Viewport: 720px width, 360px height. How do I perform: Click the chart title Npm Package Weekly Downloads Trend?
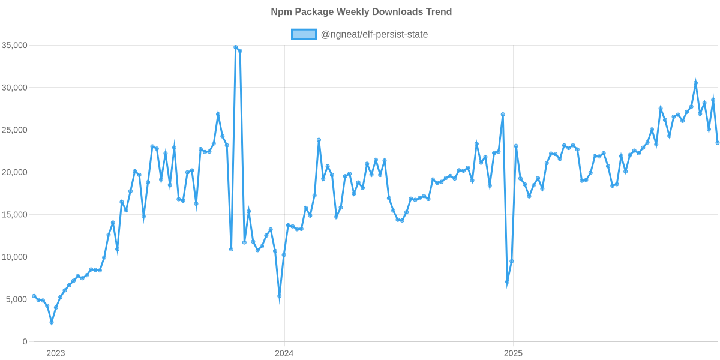(360, 12)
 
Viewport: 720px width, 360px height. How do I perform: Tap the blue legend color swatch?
(304, 34)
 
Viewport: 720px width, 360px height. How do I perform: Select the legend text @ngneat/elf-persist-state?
(374, 34)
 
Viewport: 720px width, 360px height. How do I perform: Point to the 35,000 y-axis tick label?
(15, 46)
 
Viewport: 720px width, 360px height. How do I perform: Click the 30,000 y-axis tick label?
(15, 88)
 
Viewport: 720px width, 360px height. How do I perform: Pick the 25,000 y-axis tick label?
(15, 130)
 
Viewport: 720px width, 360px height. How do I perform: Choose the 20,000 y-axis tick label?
(15, 172)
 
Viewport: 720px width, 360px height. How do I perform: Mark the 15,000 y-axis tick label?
(15, 215)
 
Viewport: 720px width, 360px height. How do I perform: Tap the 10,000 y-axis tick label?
(15, 257)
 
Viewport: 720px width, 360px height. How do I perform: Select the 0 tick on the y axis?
(25, 341)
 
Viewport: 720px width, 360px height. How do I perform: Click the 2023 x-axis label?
(55, 353)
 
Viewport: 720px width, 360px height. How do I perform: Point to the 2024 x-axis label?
(283, 353)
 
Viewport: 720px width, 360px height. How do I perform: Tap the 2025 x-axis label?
(512, 353)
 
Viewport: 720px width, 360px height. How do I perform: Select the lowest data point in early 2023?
(52, 323)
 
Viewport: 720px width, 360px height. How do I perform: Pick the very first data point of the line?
(34, 296)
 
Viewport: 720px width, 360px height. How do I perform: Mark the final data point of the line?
(718, 142)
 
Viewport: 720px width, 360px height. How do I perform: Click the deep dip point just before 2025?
(507, 282)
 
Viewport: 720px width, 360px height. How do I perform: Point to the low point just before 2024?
(280, 296)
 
